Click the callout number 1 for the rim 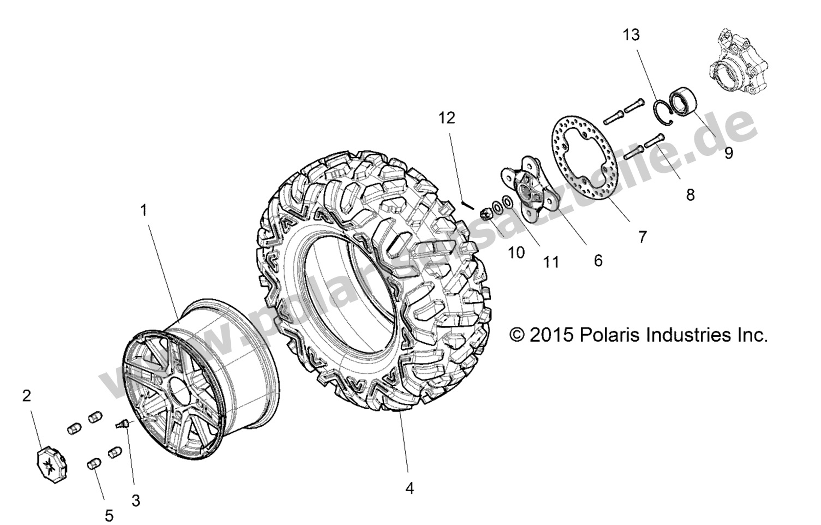click(x=144, y=210)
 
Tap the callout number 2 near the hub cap click(x=26, y=396)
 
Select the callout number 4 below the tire click(x=409, y=488)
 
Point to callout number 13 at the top click(x=632, y=35)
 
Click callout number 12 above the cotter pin click(x=446, y=118)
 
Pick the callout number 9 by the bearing click(x=728, y=153)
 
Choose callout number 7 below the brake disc click(x=642, y=237)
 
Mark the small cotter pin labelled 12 click(x=467, y=204)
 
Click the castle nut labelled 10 click(x=486, y=213)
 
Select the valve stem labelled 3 click(x=123, y=424)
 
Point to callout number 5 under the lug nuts click(x=109, y=515)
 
